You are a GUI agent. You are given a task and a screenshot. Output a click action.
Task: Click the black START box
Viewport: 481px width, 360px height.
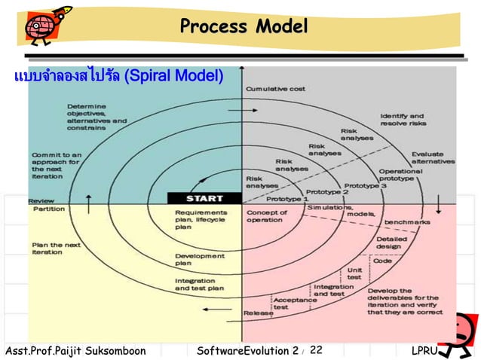(x=204, y=199)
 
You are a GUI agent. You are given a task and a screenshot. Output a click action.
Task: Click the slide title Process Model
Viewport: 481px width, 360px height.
(x=244, y=27)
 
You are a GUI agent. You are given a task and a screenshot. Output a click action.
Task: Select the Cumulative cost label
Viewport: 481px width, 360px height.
(x=275, y=89)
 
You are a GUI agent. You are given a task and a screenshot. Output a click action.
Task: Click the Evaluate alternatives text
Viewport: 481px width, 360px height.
(x=432, y=157)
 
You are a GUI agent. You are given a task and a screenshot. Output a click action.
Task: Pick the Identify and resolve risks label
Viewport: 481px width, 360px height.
(x=407, y=121)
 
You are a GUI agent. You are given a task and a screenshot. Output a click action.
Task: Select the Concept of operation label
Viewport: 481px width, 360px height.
(x=265, y=216)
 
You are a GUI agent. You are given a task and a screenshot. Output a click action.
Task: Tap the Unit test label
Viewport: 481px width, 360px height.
(x=354, y=273)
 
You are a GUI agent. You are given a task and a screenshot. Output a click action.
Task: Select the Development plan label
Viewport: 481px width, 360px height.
(x=200, y=260)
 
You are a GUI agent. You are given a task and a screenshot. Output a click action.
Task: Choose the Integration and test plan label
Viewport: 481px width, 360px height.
(x=200, y=284)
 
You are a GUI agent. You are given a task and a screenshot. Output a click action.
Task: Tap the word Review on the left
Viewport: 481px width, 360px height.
(x=40, y=201)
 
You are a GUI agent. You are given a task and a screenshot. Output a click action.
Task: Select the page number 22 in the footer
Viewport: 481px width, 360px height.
(x=316, y=349)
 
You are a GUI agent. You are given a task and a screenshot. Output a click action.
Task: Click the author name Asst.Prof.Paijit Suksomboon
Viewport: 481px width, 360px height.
(x=74, y=350)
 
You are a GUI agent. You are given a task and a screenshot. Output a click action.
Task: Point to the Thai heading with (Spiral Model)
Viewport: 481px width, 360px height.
(x=117, y=77)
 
